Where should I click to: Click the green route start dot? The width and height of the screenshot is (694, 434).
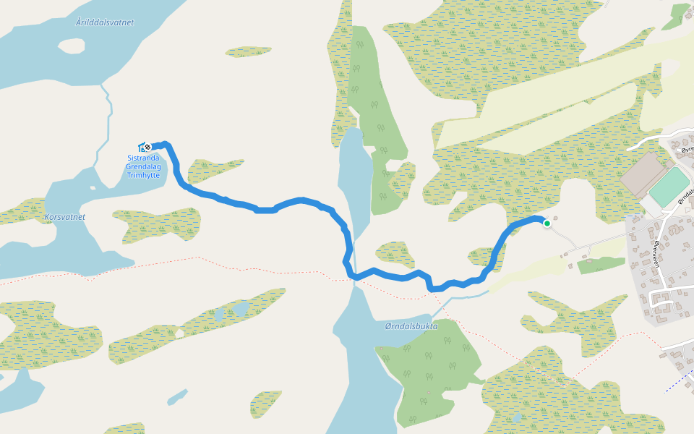[x=547, y=224]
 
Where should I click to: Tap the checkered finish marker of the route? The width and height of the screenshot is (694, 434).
[x=148, y=146]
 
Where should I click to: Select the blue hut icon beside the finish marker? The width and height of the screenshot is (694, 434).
[x=142, y=147]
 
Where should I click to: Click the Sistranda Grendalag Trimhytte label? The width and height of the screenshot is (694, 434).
[x=147, y=166]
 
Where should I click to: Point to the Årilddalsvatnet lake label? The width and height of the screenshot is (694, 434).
[x=105, y=22]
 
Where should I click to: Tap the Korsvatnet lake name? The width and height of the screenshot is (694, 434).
[x=64, y=216]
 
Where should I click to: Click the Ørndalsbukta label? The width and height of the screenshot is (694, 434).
[x=411, y=326]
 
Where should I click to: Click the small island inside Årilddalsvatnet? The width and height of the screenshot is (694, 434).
[x=72, y=46]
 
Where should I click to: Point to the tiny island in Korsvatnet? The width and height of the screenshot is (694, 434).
[x=93, y=188]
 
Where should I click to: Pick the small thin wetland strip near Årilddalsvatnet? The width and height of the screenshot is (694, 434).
[x=248, y=52]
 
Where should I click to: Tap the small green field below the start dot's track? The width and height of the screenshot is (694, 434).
[x=601, y=265]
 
